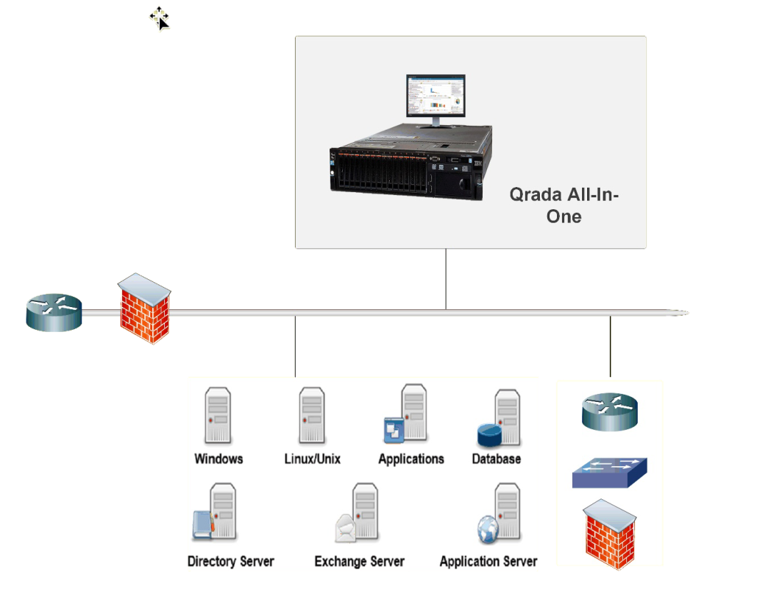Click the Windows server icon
218,417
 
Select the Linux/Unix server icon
312,417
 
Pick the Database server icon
500,420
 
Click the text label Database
496,459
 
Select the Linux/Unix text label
313,459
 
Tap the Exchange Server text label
359,562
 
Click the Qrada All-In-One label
564,206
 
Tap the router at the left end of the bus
54,312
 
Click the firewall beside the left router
144,308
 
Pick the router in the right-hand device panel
610,412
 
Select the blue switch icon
609,473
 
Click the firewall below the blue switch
610,535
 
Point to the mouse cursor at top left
160,18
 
